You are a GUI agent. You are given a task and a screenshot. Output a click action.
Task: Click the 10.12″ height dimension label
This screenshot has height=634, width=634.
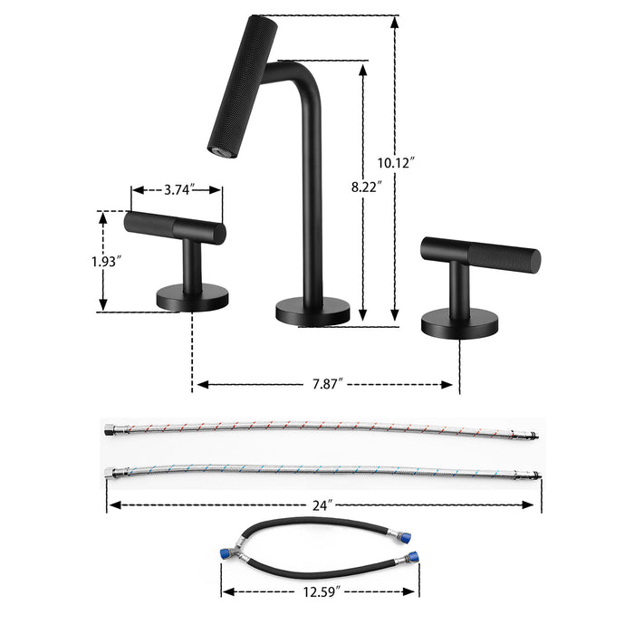click(x=395, y=163)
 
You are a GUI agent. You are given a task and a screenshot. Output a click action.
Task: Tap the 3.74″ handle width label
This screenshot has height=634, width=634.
click(x=177, y=190)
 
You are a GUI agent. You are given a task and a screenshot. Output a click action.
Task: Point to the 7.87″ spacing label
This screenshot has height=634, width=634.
click(x=323, y=384)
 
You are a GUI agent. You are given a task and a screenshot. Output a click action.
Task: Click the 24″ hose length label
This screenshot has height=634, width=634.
click(x=325, y=504)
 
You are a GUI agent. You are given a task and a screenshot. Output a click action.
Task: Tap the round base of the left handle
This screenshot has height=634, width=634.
click(x=193, y=297)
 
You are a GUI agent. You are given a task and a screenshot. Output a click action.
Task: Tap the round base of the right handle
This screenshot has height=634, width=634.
click(x=460, y=318)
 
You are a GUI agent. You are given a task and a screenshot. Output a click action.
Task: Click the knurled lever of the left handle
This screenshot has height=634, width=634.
click(x=175, y=226)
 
